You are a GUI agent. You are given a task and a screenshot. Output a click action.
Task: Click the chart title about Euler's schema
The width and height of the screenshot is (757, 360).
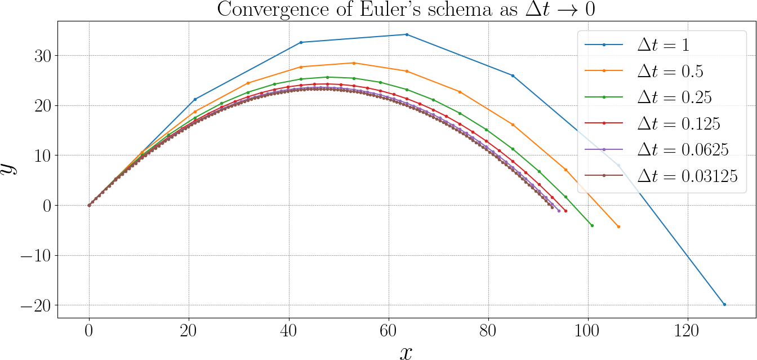click(406, 10)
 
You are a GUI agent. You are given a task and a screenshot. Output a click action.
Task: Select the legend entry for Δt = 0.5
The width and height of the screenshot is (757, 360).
click(670, 71)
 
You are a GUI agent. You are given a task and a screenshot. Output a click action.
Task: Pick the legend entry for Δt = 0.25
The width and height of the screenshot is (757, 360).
click(674, 97)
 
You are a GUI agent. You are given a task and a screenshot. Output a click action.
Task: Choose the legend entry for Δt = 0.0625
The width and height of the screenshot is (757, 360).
click(683, 149)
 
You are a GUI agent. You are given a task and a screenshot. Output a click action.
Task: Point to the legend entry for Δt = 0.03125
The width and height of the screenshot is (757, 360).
click(687, 175)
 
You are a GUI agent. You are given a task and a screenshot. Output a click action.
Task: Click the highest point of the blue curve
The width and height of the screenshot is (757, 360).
click(407, 34)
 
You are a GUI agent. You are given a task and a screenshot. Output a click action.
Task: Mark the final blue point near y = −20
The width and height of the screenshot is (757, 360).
click(724, 304)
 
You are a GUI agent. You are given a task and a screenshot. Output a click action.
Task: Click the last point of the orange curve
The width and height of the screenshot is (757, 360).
click(618, 226)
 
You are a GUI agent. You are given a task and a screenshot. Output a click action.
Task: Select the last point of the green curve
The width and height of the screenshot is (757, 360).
click(592, 225)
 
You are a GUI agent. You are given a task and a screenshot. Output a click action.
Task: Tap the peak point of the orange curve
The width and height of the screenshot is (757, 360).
click(354, 63)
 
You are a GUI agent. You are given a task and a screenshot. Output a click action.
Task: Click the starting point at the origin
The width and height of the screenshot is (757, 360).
click(89, 205)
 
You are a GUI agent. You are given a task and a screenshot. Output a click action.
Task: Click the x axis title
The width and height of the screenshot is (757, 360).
click(406, 352)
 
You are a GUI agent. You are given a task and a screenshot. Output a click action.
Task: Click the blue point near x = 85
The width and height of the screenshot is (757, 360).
click(513, 75)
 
